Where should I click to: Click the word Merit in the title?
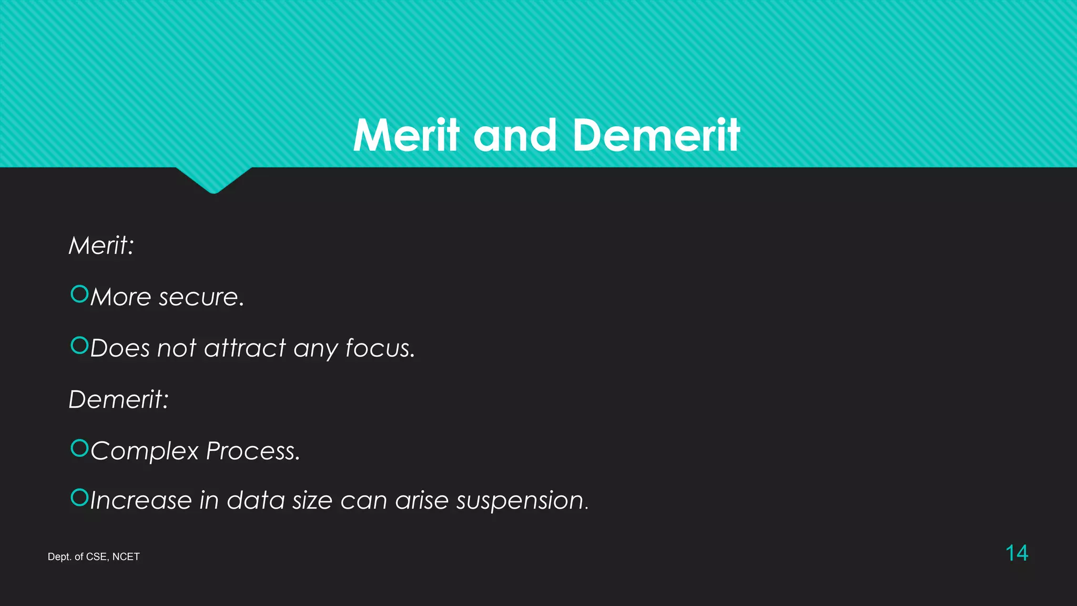407,135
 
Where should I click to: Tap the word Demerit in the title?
656,135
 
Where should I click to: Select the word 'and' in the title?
515,135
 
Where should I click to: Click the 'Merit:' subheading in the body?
101,246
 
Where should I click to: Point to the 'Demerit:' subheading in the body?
119,399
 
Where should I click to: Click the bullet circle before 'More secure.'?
79,294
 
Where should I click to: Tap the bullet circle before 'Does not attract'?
79,345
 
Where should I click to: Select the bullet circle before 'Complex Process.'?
79,448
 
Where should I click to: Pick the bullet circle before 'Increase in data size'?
79,497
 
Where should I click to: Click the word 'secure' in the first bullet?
198,298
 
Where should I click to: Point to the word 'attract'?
245,348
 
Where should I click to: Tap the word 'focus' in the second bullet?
378,348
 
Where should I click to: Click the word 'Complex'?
145,451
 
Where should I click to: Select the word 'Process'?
251,451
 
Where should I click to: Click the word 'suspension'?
521,501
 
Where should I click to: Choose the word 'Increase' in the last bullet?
141,500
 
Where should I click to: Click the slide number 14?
1017,553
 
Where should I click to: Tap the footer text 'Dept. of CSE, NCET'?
94,557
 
